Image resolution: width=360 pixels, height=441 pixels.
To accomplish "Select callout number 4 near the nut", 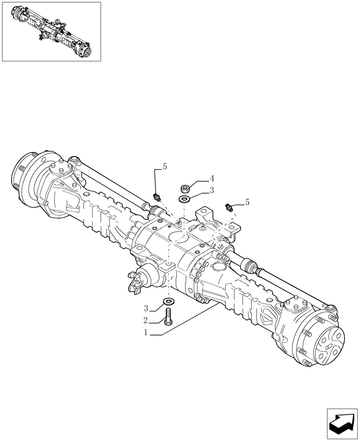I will coord(212,179).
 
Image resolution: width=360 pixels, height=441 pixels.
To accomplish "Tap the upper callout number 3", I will coord(212,191).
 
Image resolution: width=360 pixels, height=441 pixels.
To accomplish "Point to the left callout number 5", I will coord(165,166).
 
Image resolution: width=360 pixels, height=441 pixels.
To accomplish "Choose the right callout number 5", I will coord(247,202).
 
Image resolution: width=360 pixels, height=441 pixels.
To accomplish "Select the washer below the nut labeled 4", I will coord(184,200).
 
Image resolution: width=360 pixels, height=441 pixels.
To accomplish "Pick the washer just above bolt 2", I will coord(168,302).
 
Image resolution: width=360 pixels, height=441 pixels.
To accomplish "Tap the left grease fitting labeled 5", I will coord(155,196).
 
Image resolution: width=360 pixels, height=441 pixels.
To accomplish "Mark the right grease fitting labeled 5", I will coord(229,206).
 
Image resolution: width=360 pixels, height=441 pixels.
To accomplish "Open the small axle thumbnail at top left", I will coord(51,32).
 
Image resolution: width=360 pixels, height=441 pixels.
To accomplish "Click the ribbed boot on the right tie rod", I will coord(249,267).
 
